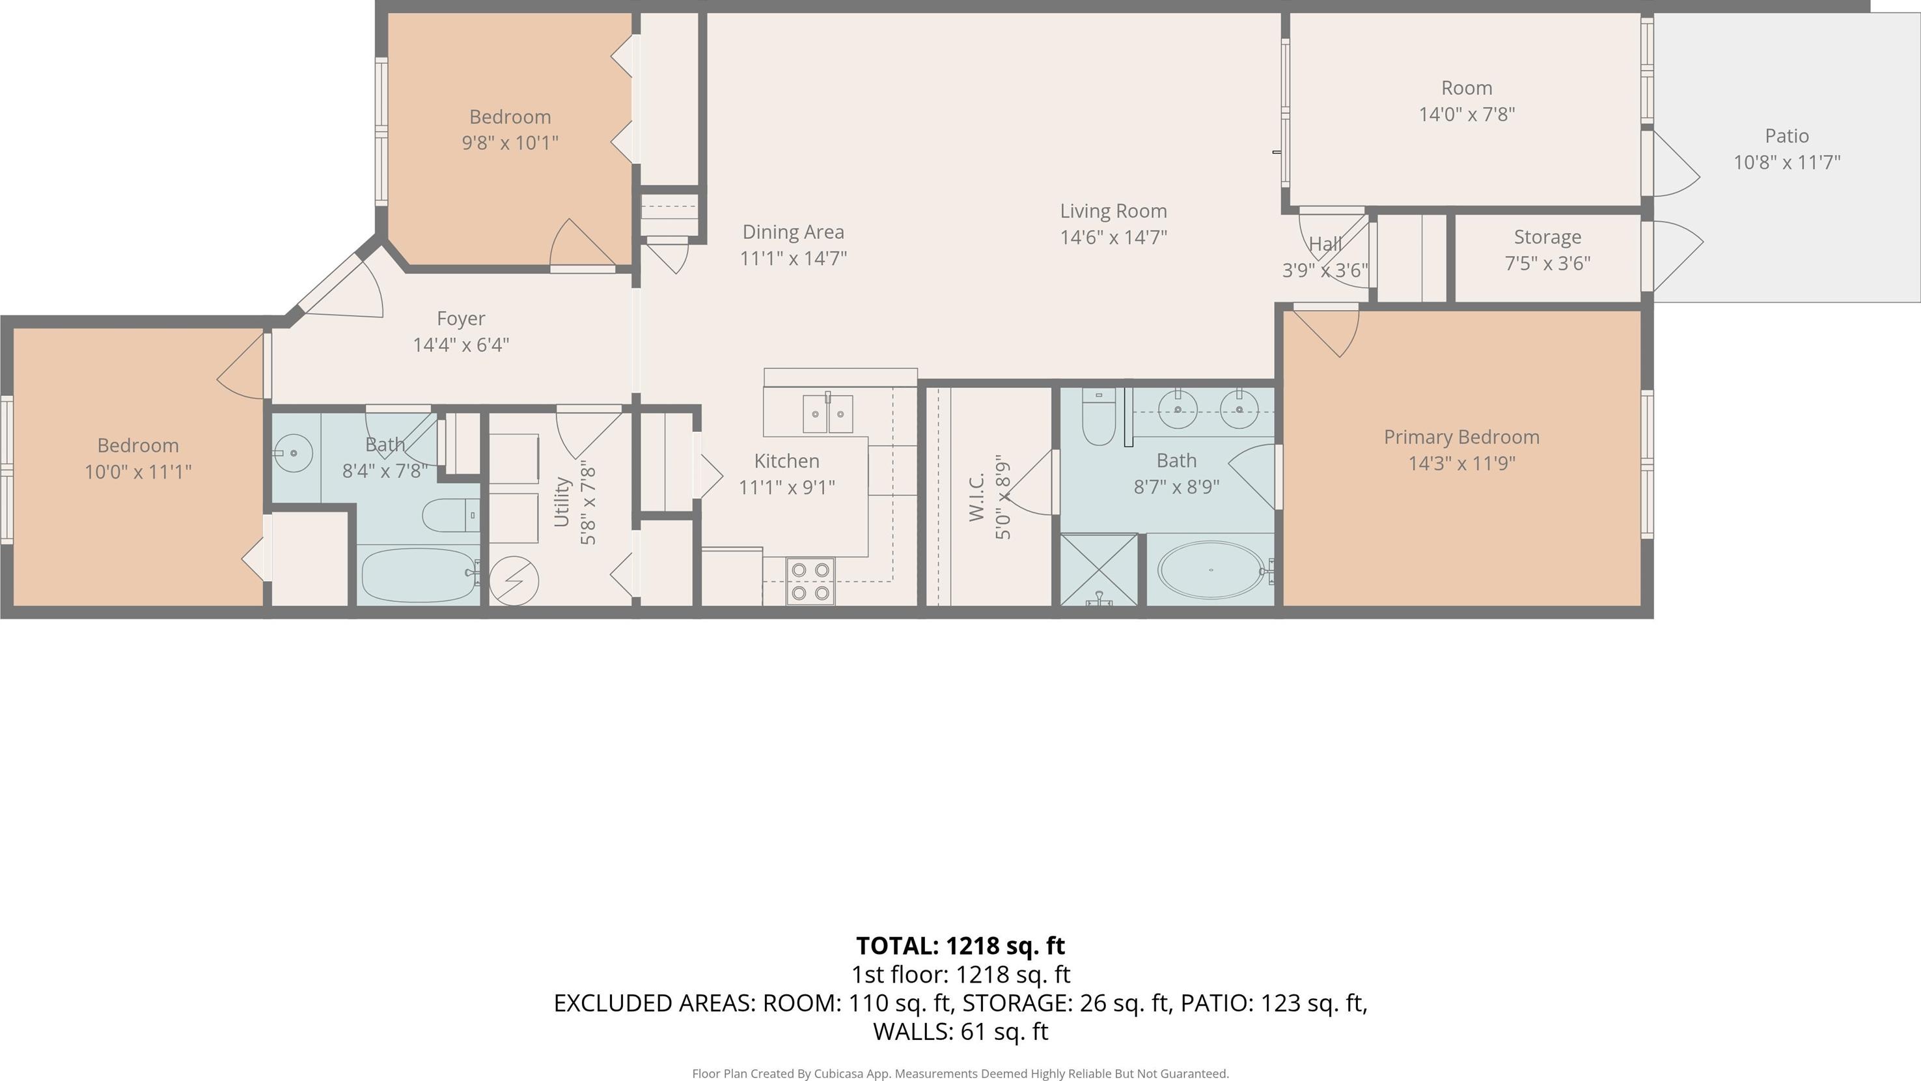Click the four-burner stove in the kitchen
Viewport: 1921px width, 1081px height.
click(x=810, y=581)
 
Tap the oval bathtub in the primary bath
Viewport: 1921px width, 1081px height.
click(x=1210, y=569)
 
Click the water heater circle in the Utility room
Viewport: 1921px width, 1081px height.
click(x=514, y=580)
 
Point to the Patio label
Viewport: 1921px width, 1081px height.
click(x=1786, y=136)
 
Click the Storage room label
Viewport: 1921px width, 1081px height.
click(x=1547, y=237)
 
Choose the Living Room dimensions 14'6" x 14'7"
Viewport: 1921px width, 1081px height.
click(x=1113, y=237)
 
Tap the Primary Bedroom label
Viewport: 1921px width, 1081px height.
click(x=1461, y=437)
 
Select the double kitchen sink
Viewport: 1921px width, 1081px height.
click(x=828, y=414)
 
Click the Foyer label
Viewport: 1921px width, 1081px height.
click(x=461, y=318)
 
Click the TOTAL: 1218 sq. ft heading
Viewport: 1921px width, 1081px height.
click(x=961, y=945)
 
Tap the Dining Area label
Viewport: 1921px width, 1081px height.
click(x=794, y=232)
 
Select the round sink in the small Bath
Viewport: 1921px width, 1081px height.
click(x=293, y=453)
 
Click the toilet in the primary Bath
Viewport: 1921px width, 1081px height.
click(x=1098, y=417)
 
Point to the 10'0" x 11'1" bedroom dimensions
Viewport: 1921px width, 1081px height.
click(x=138, y=471)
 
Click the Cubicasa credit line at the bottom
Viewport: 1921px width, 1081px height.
click(x=961, y=1074)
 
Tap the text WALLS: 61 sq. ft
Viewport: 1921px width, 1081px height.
click(x=961, y=1032)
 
